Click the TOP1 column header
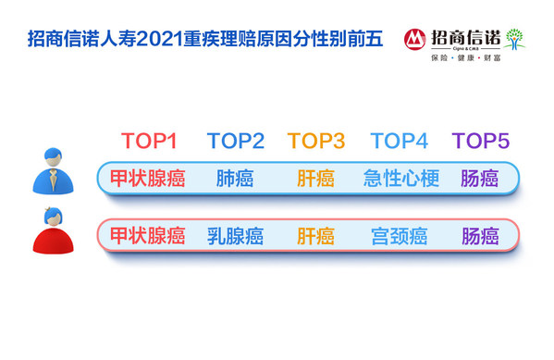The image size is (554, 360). (149, 142)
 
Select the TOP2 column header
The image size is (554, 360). (236, 142)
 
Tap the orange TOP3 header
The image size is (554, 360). (316, 142)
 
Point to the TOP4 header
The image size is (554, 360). (400, 142)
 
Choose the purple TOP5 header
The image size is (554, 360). (481, 142)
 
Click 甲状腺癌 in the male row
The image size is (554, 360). (148, 179)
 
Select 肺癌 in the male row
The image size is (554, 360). (235, 179)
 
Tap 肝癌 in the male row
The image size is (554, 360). (315, 179)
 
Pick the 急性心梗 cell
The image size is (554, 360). (399, 179)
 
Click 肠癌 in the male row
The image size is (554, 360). (480, 179)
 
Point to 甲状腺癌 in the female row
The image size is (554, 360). (148, 236)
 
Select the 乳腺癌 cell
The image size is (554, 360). (235, 236)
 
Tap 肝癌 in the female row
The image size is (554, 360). (315, 236)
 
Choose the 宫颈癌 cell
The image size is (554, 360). (399, 236)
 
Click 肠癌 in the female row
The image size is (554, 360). (480, 236)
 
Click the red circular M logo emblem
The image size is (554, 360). (415, 38)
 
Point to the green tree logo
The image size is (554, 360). (513, 38)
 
